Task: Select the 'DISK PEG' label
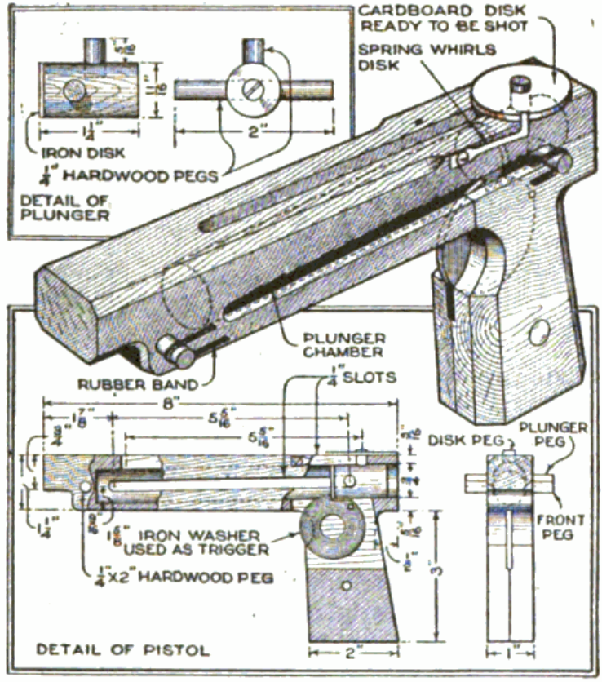tap(458, 440)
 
